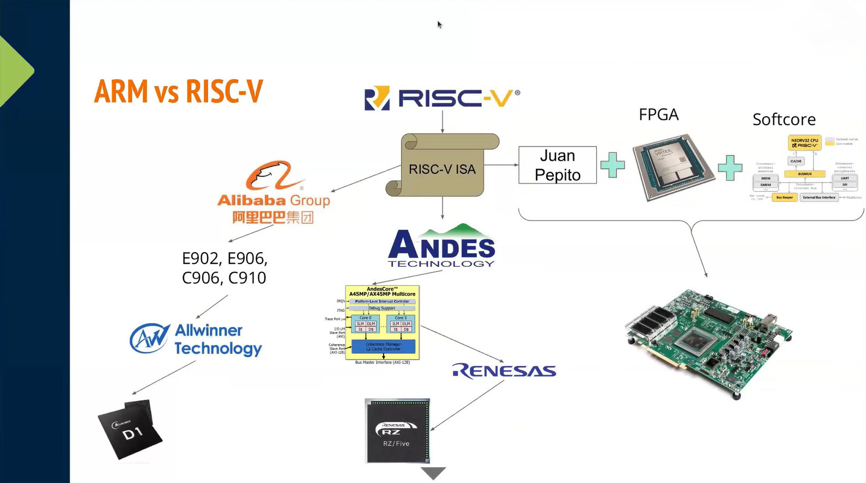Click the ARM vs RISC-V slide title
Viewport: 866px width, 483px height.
178,91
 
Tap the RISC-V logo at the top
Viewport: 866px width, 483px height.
442,98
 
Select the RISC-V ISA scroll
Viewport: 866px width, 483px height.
443,166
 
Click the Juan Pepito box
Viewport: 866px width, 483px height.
557,165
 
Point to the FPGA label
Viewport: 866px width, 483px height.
658,114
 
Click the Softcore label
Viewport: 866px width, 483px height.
784,119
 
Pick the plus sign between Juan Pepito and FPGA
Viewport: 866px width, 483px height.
613,164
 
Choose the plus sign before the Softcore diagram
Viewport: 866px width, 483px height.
730,167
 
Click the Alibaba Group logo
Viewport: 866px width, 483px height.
274,192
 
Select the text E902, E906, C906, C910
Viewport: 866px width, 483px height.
225,268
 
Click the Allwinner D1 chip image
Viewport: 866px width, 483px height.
130,429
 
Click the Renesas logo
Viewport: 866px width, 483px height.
504,371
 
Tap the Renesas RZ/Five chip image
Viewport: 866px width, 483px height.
397,431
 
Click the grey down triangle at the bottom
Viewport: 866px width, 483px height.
433,473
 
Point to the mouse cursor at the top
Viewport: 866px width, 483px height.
439,25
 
